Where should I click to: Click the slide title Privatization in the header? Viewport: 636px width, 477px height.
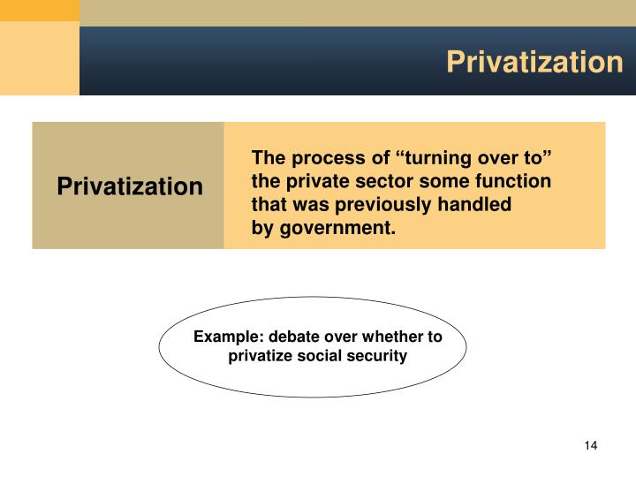(534, 62)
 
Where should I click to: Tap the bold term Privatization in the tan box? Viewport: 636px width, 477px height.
(130, 187)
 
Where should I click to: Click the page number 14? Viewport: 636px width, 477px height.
(591, 444)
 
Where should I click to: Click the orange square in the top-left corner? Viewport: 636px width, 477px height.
(39, 11)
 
